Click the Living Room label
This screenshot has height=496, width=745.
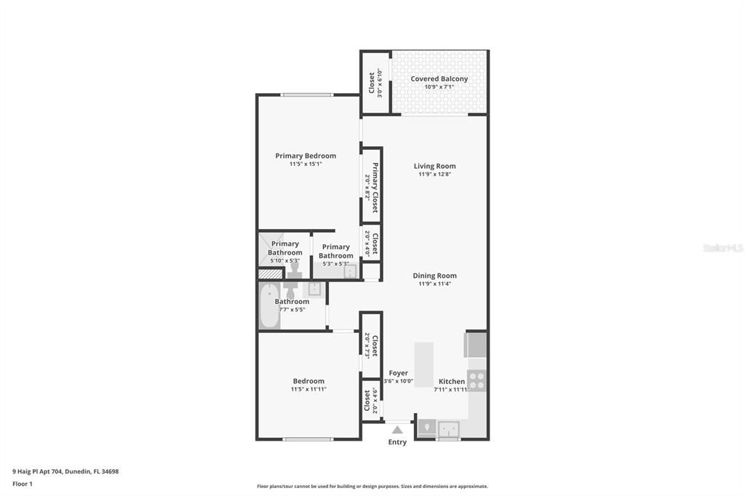434,166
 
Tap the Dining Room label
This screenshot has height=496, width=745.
434,276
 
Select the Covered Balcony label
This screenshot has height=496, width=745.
439,79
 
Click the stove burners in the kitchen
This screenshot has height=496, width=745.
477,380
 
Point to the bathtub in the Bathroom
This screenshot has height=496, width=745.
269,306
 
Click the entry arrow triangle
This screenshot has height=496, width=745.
397,430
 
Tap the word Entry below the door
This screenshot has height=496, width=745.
397,442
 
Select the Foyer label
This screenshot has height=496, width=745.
398,373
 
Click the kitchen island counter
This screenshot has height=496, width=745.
423,364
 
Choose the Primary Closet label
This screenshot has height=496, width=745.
375,188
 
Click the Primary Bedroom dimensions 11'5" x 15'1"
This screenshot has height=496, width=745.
306,164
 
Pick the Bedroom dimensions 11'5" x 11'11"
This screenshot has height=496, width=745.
308,389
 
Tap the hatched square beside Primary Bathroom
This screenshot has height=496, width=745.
270,274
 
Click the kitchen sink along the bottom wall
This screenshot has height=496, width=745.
448,428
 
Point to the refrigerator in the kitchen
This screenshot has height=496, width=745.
476,345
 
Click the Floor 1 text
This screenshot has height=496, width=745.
23,484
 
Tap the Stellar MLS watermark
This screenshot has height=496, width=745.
722,248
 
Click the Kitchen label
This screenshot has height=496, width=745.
451,381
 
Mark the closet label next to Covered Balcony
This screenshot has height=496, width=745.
372,82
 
